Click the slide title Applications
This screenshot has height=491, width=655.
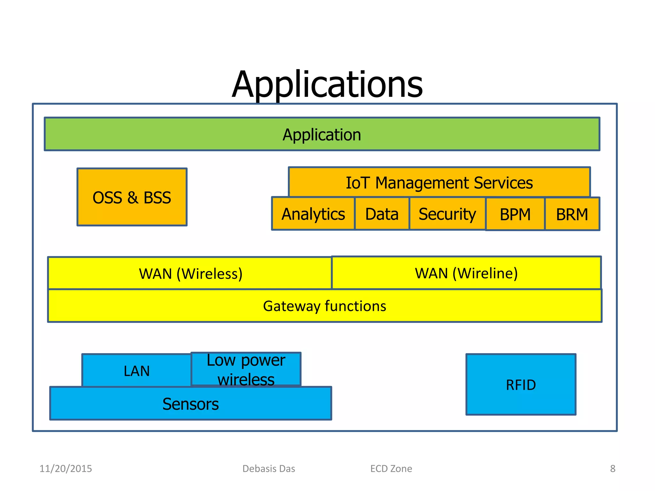(x=327, y=84)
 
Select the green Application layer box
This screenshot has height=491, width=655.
(x=322, y=134)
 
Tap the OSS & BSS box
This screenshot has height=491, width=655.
(x=132, y=197)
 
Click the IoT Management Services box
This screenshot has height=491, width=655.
(x=439, y=182)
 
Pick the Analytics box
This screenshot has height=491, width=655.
(x=313, y=214)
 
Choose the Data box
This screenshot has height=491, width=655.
(x=382, y=214)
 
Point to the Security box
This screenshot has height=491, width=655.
(x=447, y=214)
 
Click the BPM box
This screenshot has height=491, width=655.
(x=515, y=214)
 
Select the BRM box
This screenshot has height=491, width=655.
(x=572, y=214)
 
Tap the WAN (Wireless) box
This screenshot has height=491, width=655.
(x=190, y=273)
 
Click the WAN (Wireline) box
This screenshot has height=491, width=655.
(x=466, y=273)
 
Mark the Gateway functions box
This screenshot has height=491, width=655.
(x=324, y=306)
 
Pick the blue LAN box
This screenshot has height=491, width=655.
(x=137, y=371)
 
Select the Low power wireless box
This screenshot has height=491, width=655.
(x=246, y=369)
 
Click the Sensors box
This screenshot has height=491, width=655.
(x=191, y=404)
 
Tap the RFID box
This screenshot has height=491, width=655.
(x=521, y=385)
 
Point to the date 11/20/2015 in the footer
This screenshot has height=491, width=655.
(x=66, y=469)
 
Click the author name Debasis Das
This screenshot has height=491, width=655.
(x=269, y=469)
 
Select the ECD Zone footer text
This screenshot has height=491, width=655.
(x=391, y=469)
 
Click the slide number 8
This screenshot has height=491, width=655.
(x=612, y=469)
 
